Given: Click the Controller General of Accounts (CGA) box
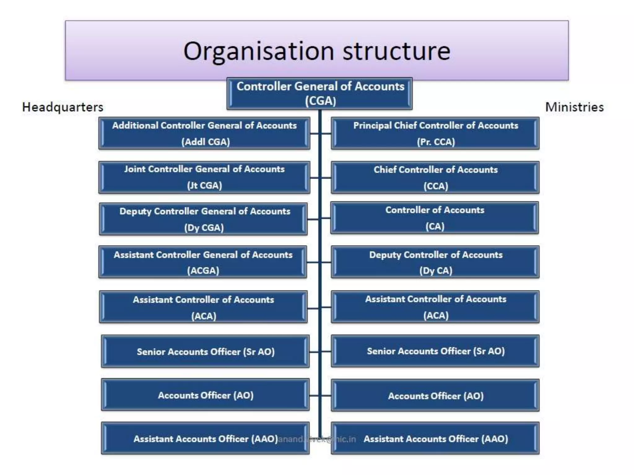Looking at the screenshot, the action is click(x=319, y=93).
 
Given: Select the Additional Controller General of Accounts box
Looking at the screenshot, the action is click(x=204, y=133).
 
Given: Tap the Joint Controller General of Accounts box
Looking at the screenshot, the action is click(x=204, y=177).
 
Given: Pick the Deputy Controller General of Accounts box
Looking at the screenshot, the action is click(x=203, y=219).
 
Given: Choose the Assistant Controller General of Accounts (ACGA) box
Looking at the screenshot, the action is click(x=203, y=262).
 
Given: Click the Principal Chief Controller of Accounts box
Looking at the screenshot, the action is click(x=435, y=133).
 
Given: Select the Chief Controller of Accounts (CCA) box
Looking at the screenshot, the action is click(x=435, y=178).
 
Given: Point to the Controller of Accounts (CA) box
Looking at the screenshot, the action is click(x=435, y=218).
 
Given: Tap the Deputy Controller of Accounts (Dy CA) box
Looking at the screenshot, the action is click(x=435, y=262).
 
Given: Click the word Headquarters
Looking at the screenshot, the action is click(x=63, y=107).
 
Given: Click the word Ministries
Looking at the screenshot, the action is click(x=574, y=107).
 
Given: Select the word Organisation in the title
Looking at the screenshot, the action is click(x=258, y=51).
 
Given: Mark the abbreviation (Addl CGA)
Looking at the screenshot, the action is click(x=206, y=142).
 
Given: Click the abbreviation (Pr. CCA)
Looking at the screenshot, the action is click(x=436, y=142).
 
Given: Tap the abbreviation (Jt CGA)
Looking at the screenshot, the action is click(x=204, y=186).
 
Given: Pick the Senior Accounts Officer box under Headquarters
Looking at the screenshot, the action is click(x=205, y=351).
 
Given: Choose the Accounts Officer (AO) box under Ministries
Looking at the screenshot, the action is click(x=435, y=396).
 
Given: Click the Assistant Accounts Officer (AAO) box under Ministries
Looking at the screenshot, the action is click(x=435, y=439).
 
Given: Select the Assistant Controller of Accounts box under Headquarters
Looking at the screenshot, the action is click(x=203, y=307).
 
